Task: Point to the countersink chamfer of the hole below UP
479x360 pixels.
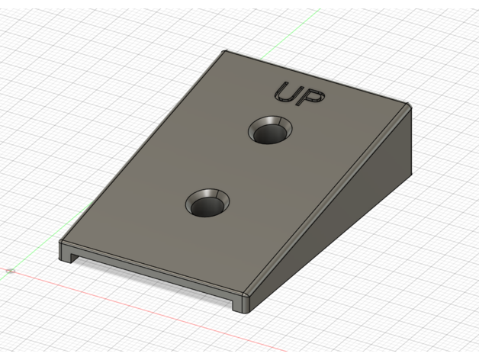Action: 270,121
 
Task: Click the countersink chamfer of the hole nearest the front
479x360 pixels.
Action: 207,194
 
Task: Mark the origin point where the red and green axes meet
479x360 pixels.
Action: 11,271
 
